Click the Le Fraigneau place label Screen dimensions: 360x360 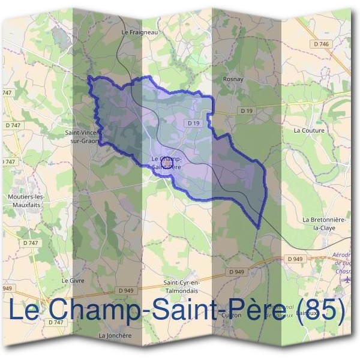point(139,32)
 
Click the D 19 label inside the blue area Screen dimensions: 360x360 point(193,123)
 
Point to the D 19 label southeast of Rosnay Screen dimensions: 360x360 point(247,110)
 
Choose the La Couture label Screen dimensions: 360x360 point(308,130)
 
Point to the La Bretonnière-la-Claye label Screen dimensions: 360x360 point(325,224)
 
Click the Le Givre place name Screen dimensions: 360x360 point(73,280)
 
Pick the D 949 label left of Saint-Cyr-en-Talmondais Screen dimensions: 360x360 point(126,290)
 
